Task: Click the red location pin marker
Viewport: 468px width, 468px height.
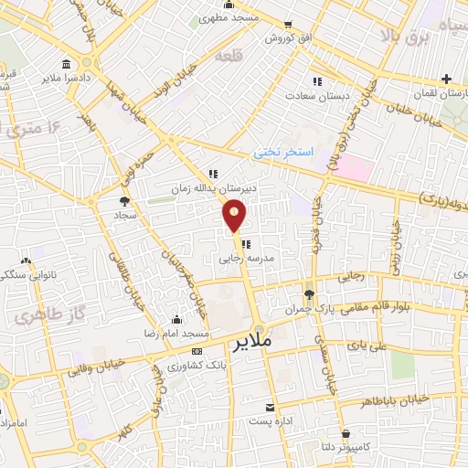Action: point(235,215)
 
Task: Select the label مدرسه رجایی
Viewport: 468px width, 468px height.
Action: point(246,259)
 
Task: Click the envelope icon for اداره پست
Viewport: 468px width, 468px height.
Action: point(269,407)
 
